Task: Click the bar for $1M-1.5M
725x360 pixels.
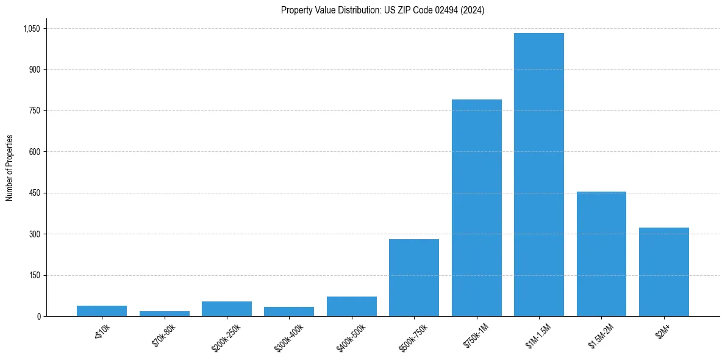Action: pyautogui.click(x=538, y=175)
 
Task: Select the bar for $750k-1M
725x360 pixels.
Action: pyautogui.click(x=476, y=207)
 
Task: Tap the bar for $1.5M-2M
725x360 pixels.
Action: pyautogui.click(x=601, y=254)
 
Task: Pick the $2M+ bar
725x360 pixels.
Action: pyautogui.click(x=663, y=272)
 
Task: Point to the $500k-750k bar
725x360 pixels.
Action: pyautogui.click(x=413, y=278)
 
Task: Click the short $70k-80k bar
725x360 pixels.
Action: pyautogui.click(x=164, y=314)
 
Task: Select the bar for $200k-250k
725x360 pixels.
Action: pyautogui.click(x=226, y=309)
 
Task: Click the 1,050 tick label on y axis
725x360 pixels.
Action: pyautogui.click(x=31, y=29)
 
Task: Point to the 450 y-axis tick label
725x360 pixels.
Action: pyautogui.click(x=34, y=193)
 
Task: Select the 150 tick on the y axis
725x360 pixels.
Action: pyautogui.click(x=34, y=275)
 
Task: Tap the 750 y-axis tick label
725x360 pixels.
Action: pyautogui.click(x=34, y=110)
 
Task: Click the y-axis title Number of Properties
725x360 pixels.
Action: pyautogui.click(x=10, y=168)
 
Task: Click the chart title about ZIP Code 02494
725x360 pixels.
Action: pyautogui.click(x=382, y=10)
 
